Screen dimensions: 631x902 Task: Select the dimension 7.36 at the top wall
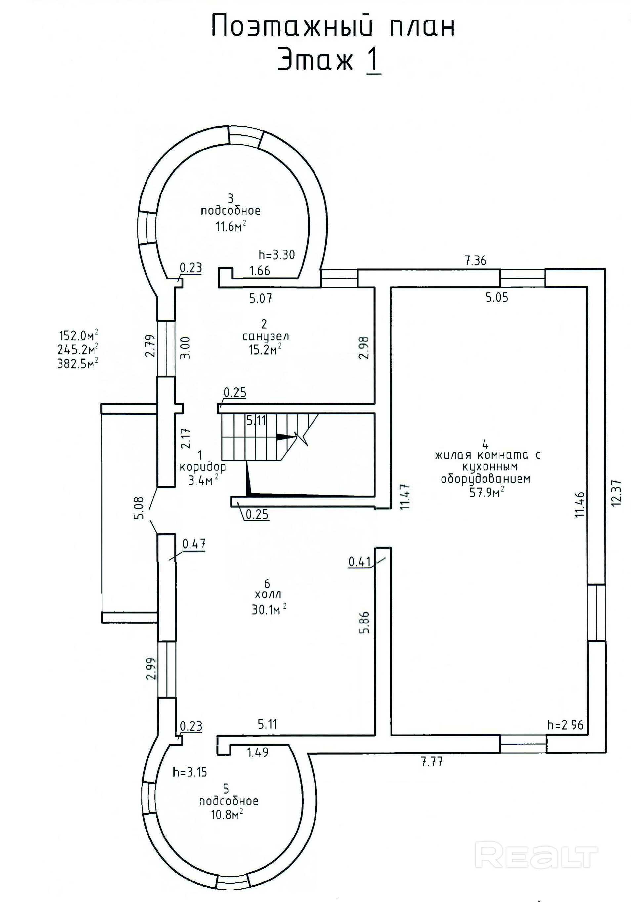[x=476, y=260]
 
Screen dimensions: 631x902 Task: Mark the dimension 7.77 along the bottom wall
[x=432, y=762]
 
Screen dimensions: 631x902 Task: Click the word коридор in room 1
[x=203, y=467]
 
